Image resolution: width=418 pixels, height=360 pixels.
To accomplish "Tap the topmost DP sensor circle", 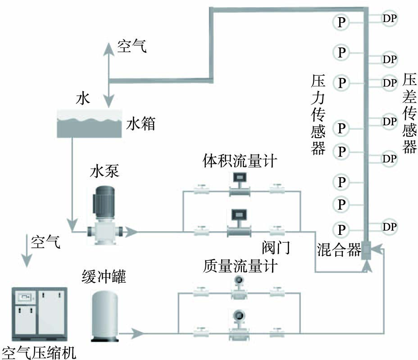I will (x=390, y=18).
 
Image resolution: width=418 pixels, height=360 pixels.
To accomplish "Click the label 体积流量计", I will (x=239, y=160).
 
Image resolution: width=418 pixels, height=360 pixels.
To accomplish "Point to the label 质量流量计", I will (x=240, y=266).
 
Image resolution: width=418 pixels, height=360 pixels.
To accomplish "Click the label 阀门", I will (x=276, y=248).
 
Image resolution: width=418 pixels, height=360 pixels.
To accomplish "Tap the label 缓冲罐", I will (x=104, y=276).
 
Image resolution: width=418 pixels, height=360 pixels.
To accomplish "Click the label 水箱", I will (x=141, y=123).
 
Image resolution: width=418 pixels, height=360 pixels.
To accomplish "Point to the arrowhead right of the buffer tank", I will (x=138, y=333).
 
